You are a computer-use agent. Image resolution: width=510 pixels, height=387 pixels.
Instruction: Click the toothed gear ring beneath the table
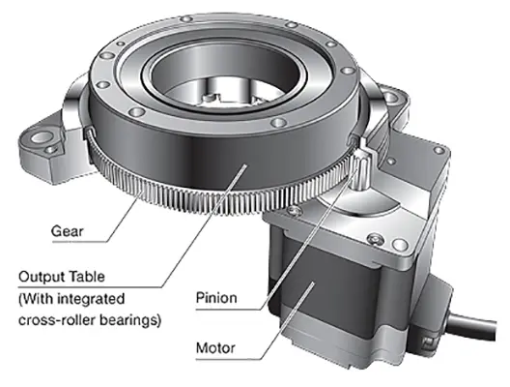point(193,198)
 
